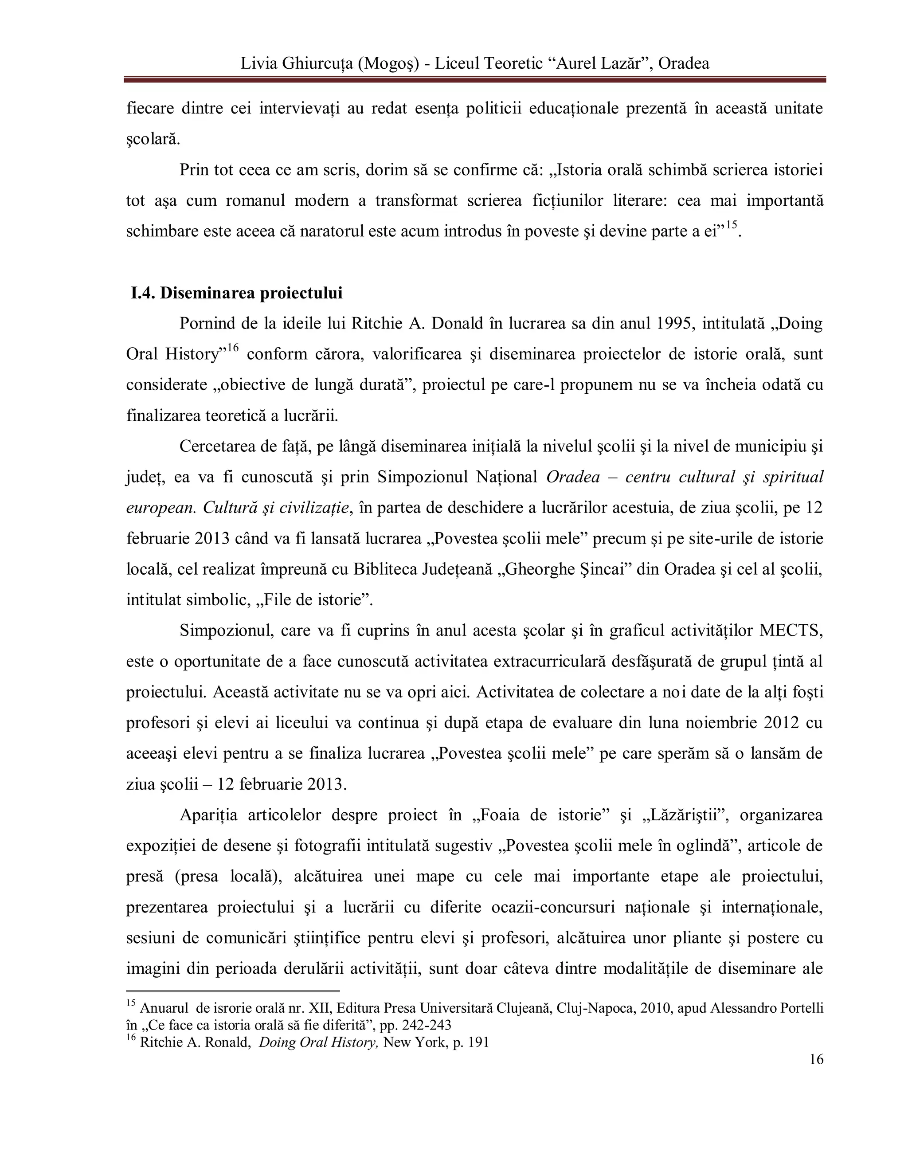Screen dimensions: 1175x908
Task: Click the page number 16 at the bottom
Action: [815, 1059]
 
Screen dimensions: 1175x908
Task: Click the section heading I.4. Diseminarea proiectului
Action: [237, 293]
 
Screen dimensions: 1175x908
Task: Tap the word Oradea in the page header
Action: [683, 63]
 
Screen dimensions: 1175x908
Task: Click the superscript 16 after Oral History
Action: [231, 348]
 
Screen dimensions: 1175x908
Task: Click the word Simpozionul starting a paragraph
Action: [225, 630]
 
